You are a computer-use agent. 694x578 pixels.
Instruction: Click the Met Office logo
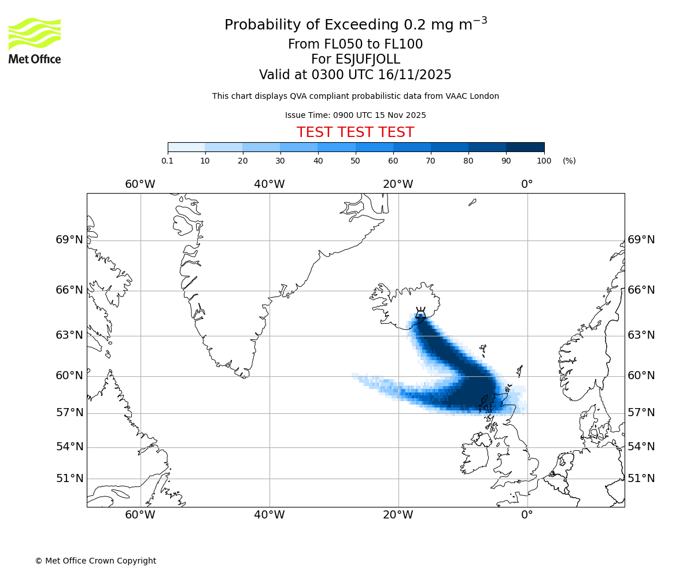click(35, 40)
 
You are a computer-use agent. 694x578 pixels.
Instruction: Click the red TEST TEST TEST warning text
click(355, 132)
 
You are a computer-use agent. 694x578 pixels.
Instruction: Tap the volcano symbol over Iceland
click(420, 314)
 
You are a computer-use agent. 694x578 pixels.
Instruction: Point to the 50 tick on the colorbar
click(356, 161)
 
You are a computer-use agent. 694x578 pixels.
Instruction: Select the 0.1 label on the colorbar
click(168, 161)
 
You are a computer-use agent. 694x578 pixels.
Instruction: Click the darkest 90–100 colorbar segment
click(525, 147)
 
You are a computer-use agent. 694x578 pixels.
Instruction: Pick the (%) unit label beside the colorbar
click(569, 161)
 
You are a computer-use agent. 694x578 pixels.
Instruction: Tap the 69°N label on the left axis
click(69, 240)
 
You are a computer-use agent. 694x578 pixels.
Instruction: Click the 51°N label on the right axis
click(641, 479)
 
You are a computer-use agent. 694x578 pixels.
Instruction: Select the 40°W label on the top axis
click(270, 184)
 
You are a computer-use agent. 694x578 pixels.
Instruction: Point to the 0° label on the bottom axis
click(527, 514)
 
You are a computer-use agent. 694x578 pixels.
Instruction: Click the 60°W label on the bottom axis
click(141, 514)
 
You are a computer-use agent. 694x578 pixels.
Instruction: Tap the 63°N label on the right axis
click(641, 335)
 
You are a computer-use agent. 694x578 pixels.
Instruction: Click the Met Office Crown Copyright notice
click(95, 561)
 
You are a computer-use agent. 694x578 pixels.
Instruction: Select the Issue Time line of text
click(355, 115)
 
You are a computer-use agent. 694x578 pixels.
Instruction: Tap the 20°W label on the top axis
click(398, 184)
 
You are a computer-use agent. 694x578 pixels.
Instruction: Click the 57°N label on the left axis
click(69, 413)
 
